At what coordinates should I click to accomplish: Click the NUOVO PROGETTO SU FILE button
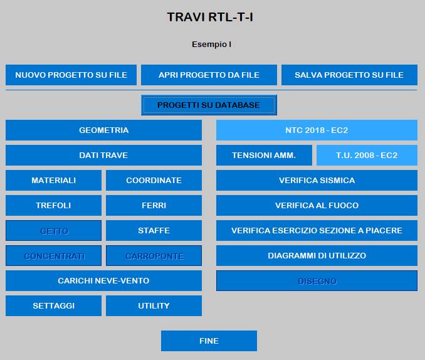coord(71,75)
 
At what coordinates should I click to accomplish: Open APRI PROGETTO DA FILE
coord(209,75)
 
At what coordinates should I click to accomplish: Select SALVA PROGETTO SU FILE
coord(349,75)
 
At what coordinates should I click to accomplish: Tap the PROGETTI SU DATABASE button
coord(209,105)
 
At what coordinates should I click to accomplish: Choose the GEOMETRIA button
coord(104,130)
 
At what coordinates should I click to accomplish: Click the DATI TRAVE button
coord(104,155)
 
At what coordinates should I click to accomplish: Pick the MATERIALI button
coord(54,181)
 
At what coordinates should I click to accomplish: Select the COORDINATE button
coord(154,181)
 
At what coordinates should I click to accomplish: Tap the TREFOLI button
coord(54,205)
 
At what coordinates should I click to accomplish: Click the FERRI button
coord(154,205)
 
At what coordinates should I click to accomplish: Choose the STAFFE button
coord(154,231)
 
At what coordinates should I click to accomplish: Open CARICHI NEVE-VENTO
coord(104,281)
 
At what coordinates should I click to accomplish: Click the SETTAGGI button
coord(54,305)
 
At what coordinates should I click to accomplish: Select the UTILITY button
coord(154,305)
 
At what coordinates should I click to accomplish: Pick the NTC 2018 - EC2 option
coord(317,130)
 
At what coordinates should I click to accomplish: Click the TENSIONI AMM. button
coord(265,155)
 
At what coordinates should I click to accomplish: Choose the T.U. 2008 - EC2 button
coord(367,155)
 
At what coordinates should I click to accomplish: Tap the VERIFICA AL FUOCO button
coord(317,205)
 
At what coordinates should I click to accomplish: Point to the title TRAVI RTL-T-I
coord(210,17)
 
